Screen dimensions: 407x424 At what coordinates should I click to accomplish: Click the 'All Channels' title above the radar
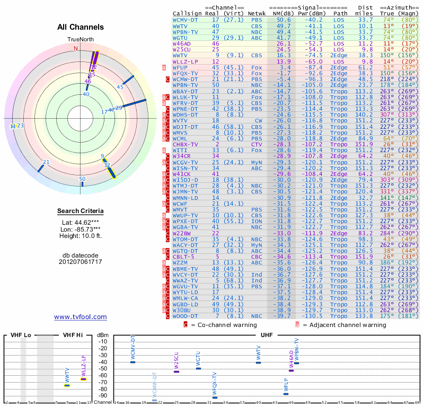[x=81, y=28]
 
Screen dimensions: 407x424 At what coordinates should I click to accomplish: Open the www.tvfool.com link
[x=81, y=317]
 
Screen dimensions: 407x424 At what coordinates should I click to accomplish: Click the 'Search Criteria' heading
[x=81, y=211]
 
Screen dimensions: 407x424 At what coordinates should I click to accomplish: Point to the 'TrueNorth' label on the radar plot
[x=80, y=40]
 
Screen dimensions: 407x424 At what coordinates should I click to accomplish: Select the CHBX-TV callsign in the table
[x=185, y=144]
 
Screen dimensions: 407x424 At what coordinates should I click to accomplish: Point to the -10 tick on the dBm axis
[x=103, y=341]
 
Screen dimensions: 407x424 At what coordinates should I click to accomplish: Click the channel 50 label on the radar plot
[x=82, y=179]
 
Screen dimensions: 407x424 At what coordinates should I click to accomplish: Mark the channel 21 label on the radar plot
[x=46, y=162]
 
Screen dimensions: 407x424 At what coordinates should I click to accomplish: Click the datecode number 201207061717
[x=81, y=262]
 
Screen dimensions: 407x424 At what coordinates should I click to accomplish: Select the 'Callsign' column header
[x=187, y=13]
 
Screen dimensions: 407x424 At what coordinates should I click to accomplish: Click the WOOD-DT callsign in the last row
[x=185, y=316]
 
